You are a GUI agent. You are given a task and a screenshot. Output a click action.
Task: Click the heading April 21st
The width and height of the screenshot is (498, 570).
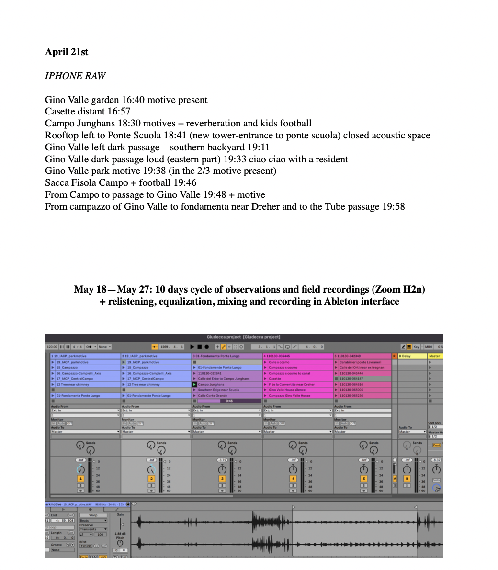coord(67,52)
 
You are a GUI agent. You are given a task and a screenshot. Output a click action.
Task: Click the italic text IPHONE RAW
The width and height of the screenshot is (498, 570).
coord(75,76)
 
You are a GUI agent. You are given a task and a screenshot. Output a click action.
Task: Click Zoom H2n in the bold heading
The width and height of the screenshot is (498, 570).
coord(401,289)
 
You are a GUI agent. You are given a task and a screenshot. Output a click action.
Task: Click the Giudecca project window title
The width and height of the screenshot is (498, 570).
coord(244,337)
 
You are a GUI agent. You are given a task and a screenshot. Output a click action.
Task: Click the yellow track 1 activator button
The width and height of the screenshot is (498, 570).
coord(80,479)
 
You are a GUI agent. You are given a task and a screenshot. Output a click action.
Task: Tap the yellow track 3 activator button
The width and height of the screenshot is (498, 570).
coord(222,479)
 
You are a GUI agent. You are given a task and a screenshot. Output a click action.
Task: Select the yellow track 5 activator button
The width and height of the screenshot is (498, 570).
coord(363,479)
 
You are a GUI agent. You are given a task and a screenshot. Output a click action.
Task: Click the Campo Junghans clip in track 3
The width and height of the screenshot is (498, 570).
coord(212,384)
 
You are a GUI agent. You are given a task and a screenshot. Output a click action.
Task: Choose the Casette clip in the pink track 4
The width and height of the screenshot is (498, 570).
coord(275,378)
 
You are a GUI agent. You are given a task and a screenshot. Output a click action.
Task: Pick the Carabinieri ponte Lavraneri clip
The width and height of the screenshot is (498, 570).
coord(360,362)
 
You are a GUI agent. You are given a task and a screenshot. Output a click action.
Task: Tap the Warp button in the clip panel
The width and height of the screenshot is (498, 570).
coord(93,515)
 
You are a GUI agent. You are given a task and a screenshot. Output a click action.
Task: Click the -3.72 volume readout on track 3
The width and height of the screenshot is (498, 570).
coord(222,460)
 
